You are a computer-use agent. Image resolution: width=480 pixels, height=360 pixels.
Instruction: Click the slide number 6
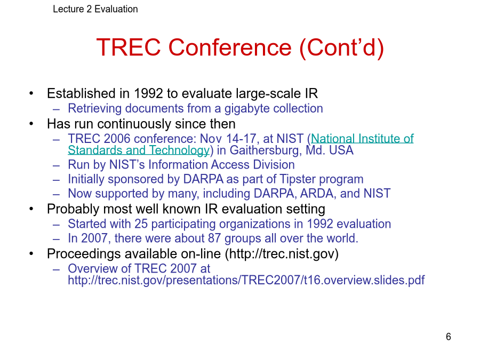[x=448, y=337]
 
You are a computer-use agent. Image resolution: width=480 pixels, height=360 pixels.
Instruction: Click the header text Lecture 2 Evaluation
[x=95, y=9]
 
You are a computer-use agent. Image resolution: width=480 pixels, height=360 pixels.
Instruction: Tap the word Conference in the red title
[x=230, y=47]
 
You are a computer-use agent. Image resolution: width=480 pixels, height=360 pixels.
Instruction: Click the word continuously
[x=134, y=124]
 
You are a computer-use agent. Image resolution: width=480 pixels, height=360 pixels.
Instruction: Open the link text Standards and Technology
[x=139, y=150]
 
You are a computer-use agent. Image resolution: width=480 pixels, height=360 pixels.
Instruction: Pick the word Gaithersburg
[x=266, y=150]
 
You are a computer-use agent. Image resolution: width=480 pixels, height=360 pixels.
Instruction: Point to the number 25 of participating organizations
[x=141, y=224]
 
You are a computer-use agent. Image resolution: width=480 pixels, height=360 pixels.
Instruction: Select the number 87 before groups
[x=214, y=238]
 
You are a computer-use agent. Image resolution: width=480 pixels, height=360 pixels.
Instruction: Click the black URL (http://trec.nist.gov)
[x=282, y=254]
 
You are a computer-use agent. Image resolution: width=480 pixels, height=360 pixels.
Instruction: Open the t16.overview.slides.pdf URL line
[x=246, y=280]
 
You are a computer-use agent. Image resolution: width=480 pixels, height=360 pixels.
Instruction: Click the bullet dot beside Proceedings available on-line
[x=31, y=253]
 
